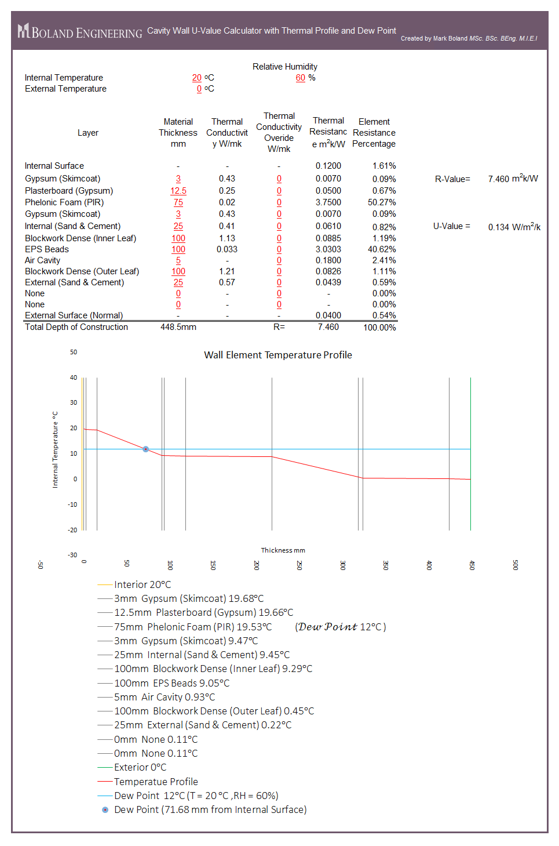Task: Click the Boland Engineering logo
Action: (x=79, y=31)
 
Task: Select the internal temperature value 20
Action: (x=197, y=78)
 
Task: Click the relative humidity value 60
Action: (x=300, y=78)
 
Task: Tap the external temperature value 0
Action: (x=199, y=89)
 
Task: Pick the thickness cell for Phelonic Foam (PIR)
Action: (x=178, y=202)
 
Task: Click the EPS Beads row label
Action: (x=47, y=249)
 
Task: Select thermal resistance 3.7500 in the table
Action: (x=328, y=202)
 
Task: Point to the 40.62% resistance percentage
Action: (x=382, y=249)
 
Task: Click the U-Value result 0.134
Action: (x=498, y=227)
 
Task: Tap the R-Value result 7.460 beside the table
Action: (x=498, y=179)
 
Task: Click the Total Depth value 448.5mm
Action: (x=178, y=327)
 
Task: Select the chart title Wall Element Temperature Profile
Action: (x=278, y=355)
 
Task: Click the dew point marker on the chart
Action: (x=146, y=449)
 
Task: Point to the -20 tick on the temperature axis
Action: (x=72, y=530)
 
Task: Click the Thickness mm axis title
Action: (x=283, y=550)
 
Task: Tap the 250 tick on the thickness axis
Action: (x=299, y=565)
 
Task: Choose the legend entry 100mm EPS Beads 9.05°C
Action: (x=171, y=683)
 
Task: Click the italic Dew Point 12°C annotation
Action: (x=341, y=627)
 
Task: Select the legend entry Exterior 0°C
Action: (x=140, y=767)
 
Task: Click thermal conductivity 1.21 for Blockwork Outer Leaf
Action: (x=227, y=271)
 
